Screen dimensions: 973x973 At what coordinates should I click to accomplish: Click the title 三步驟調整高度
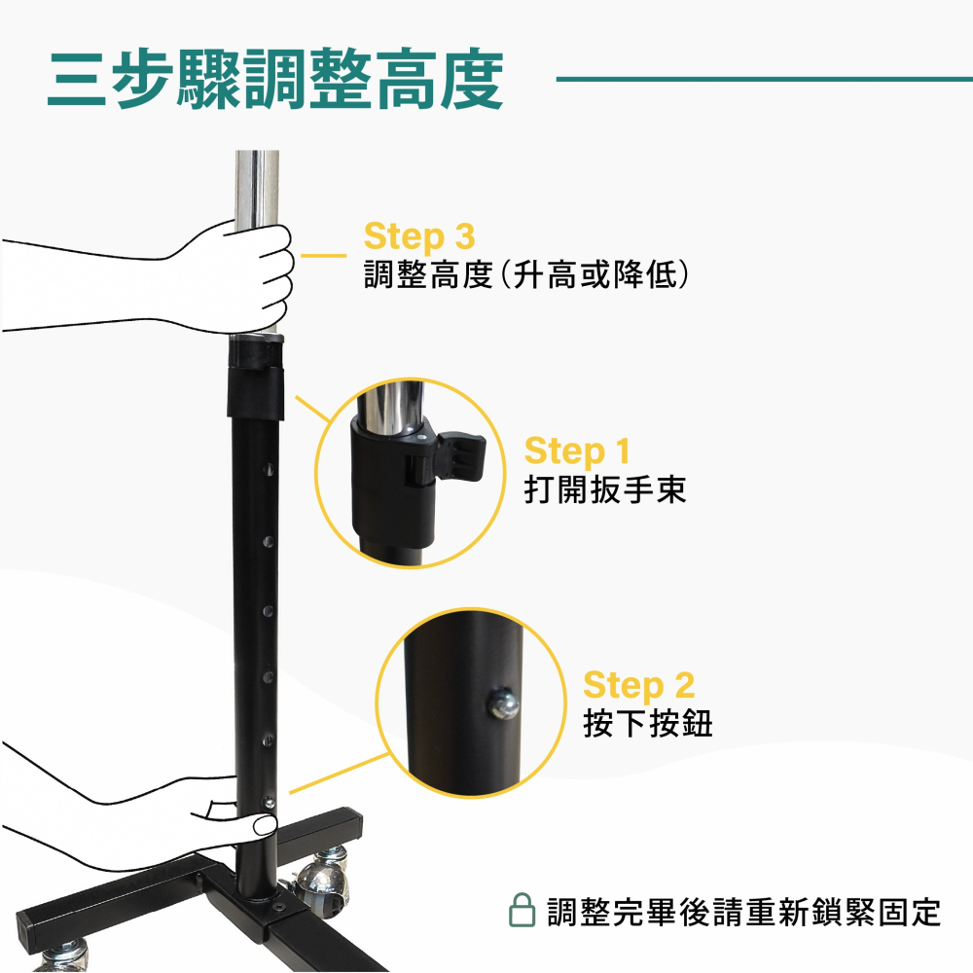point(276,79)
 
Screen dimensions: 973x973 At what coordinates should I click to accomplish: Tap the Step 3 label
point(419,235)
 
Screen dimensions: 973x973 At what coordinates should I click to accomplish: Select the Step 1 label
point(577,450)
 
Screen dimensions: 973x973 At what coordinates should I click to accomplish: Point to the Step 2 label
point(639,685)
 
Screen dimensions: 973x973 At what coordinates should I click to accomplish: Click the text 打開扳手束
point(605,487)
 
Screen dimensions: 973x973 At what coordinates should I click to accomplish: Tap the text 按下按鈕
point(648,723)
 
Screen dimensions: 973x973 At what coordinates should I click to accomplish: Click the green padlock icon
point(523,912)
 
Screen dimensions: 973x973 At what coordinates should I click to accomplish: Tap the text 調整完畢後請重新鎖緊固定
point(743,913)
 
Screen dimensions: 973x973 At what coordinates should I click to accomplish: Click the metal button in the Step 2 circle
point(503,703)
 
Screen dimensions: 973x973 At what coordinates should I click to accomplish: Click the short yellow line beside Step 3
point(323,256)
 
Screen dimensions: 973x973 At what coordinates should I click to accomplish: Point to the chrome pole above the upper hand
point(256,185)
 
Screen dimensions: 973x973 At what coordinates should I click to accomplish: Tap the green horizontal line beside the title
point(764,79)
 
